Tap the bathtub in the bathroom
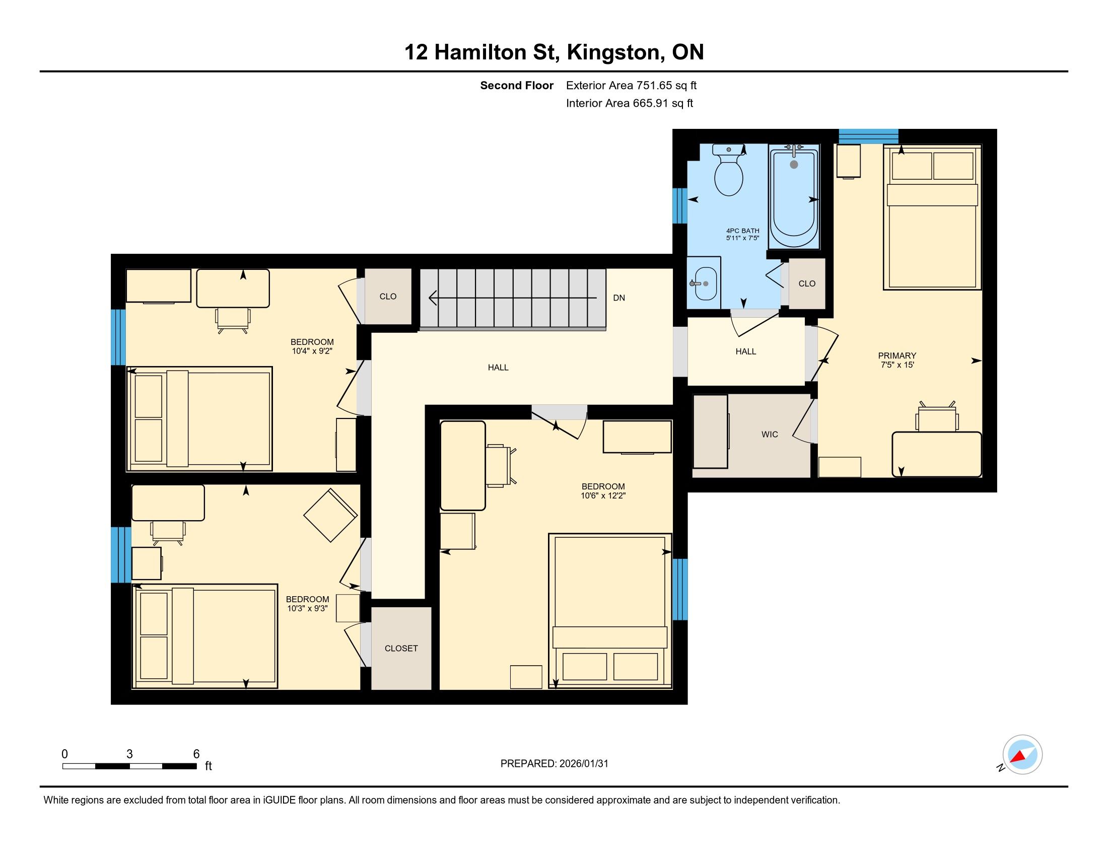[x=794, y=197]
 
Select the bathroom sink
[x=705, y=283]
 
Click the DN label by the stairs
[x=619, y=298]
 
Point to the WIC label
[x=770, y=434]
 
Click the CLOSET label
[x=401, y=648]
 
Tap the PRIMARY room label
[x=897, y=355]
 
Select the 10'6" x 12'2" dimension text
[x=603, y=495]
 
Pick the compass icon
[x=1022, y=755]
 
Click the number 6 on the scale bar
[x=196, y=754]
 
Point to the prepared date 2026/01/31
[x=583, y=764]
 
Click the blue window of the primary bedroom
[x=869, y=136]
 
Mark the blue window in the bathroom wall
[x=680, y=206]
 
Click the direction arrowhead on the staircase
[x=433, y=298]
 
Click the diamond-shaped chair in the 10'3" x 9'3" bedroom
[x=330, y=515]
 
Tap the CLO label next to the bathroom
[x=807, y=283]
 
